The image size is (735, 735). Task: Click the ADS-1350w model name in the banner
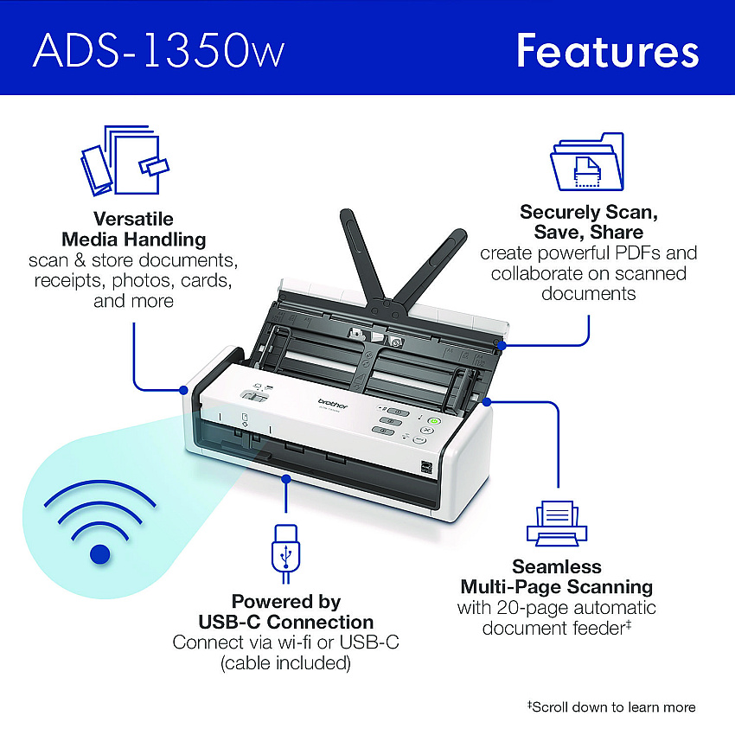(158, 51)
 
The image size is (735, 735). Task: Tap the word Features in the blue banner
(608, 51)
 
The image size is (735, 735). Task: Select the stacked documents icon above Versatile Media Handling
(125, 160)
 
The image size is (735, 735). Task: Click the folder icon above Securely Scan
(587, 162)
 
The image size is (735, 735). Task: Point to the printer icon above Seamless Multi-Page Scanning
(557, 523)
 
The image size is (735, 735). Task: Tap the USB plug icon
(285, 553)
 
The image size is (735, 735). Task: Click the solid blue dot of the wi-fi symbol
(99, 554)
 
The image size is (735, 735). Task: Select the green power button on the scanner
(435, 421)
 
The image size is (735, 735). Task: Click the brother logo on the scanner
(333, 404)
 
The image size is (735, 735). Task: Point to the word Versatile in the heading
(133, 219)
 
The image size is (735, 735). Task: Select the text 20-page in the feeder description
(532, 608)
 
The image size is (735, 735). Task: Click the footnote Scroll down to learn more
(611, 706)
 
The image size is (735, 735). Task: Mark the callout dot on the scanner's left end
(183, 390)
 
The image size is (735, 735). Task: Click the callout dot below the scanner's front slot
(286, 478)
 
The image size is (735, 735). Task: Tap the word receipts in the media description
(70, 281)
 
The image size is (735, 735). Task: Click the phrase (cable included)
(285, 663)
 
